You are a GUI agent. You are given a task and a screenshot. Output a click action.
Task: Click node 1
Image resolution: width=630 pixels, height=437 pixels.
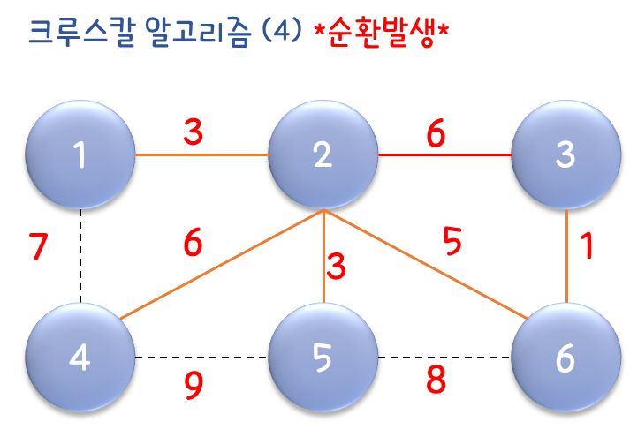pyautogui.click(x=80, y=154)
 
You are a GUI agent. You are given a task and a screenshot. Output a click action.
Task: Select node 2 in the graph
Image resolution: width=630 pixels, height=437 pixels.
pyautogui.click(x=323, y=154)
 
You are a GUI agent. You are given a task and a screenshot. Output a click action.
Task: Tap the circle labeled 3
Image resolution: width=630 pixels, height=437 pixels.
pyautogui.click(x=565, y=154)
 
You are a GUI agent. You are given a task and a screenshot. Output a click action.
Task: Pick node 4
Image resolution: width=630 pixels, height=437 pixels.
pyautogui.click(x=80, y=358)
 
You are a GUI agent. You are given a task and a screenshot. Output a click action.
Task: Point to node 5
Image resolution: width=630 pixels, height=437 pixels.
pyautogui.click(x=323, y=358)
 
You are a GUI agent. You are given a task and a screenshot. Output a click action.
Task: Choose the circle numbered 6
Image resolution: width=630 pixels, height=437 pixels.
pyautogui.click(x=565, y=358)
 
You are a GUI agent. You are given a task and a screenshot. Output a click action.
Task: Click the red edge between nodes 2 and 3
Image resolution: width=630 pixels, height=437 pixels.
pyautogui.click(x=444, y=154)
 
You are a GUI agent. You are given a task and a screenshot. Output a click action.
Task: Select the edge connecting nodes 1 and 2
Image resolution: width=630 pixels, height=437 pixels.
pyautogui.click(x=201, y=154)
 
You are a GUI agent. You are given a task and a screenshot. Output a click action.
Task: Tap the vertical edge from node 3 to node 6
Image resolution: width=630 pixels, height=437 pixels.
pyautogui.click(x=566, y=256)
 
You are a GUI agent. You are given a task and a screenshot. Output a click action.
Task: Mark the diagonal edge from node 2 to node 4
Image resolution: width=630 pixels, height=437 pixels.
pyautogui.click(x=221, y=265)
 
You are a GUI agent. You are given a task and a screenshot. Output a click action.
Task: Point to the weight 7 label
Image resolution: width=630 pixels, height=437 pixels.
pyautogui.click(x=37, y=248)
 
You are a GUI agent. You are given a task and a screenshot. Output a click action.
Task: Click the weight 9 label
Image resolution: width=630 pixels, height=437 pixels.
pyautogui.click(x=194, y=385)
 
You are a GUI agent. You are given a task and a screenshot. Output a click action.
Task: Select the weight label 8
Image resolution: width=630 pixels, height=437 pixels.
pyautogui.click(x=436, y=380)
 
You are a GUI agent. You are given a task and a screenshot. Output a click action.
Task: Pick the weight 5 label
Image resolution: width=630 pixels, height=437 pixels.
pyautogui.click(x=452, y=241)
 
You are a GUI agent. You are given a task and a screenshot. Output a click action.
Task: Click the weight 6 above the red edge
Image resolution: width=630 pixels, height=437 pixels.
pyautogui.click(x=436, y=133)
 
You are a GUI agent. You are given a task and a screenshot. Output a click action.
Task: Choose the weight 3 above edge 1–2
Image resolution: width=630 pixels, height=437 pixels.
pyautogui.click(x=194, y=133)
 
